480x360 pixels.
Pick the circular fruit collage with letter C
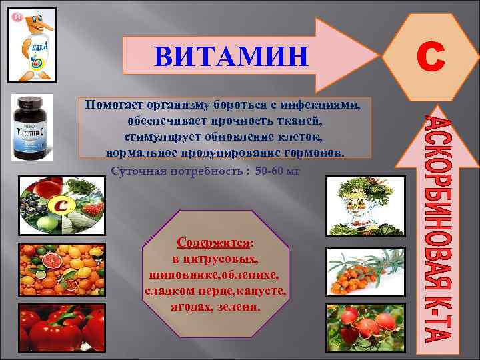61,206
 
